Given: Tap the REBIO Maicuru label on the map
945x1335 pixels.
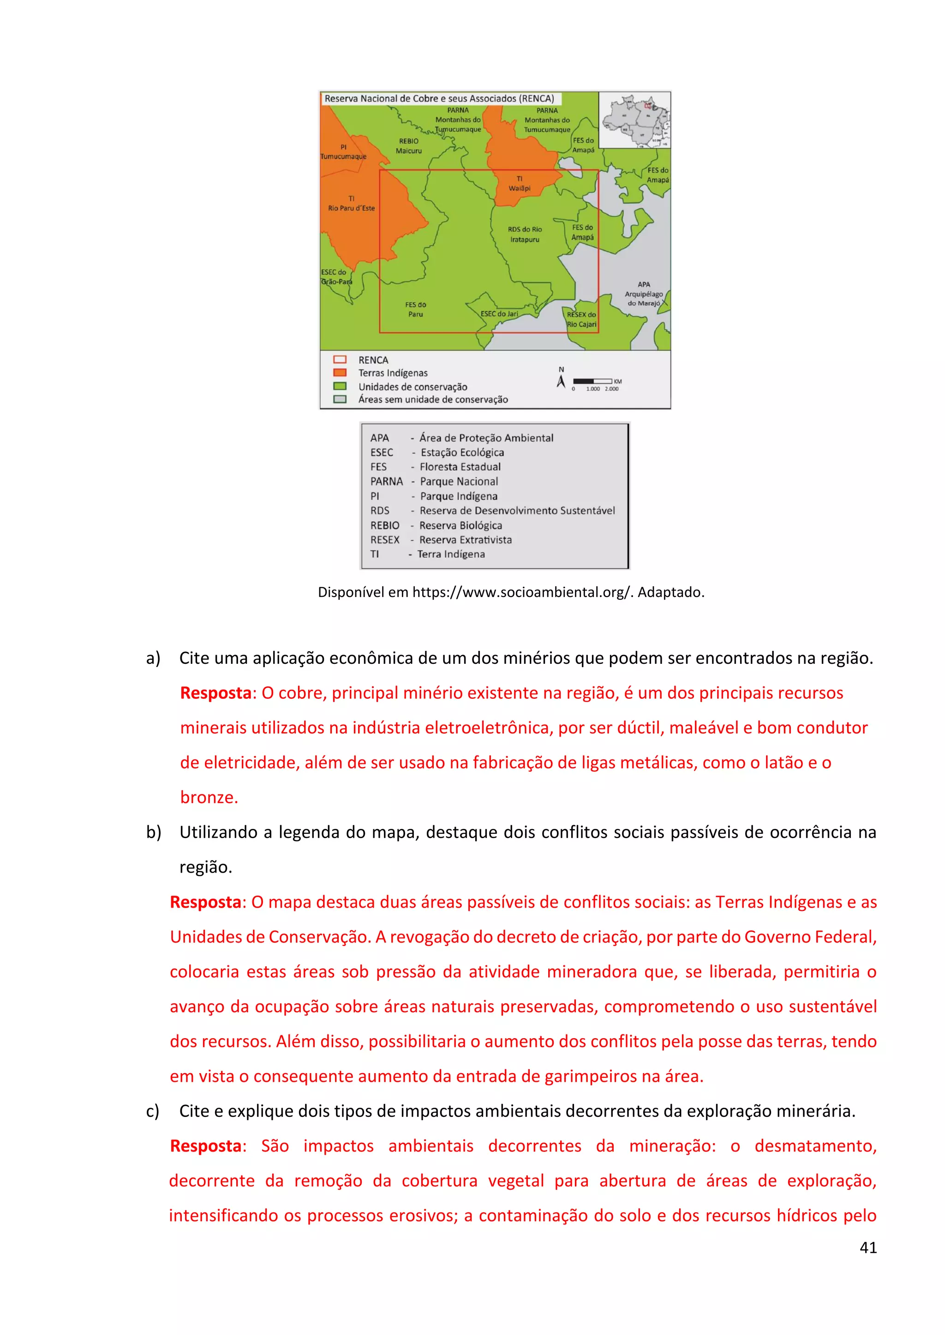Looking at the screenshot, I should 408,146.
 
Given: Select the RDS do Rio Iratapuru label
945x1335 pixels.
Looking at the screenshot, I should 524,234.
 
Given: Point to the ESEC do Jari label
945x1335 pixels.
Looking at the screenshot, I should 499,314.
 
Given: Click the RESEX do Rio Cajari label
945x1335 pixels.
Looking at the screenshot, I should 581,319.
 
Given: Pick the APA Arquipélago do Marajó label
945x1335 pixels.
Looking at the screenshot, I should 644,294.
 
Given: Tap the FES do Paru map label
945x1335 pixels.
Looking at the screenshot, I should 415,309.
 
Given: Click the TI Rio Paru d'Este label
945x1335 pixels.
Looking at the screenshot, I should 352,203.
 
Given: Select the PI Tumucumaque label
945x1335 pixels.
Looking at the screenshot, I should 343,152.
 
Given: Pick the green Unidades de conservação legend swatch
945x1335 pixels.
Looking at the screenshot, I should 340,386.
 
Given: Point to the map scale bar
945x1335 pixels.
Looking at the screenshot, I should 592,381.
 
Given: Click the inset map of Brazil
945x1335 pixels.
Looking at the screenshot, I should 635,120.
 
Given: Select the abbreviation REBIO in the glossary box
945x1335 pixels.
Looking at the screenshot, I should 385,525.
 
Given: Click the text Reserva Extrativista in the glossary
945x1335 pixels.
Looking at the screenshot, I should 466,540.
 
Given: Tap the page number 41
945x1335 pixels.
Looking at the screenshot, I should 867,1247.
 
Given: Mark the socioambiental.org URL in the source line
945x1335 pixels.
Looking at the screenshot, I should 521,592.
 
